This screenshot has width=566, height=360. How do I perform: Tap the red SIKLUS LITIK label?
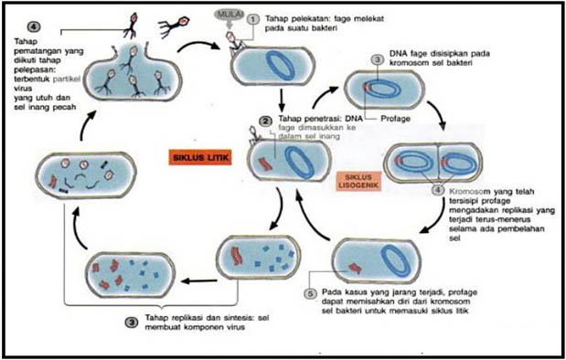click(x=197, y=156)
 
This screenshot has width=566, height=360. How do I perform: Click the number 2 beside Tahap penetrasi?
click(x=264, y=120)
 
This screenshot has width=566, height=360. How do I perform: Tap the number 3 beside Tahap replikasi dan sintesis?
click(x=133, y=321)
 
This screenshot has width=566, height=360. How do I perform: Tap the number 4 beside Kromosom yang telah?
click(x=437, y=191)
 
